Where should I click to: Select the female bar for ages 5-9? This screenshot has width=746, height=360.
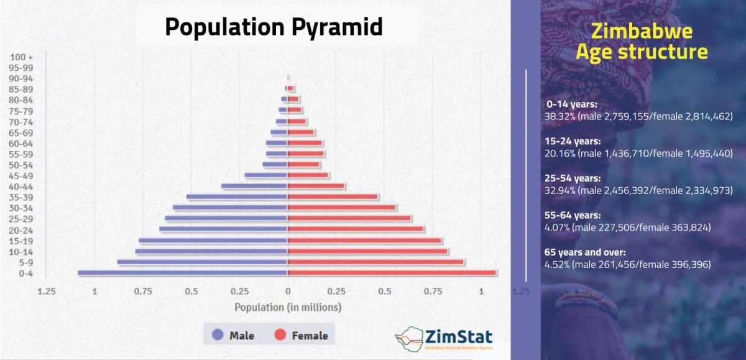(376, 262)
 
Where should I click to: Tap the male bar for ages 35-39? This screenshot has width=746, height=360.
(237, 197)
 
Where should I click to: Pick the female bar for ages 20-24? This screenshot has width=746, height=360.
(356, 229)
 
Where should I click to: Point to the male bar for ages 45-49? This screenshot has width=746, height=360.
(266, 175)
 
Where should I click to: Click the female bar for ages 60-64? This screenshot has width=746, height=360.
(305, 143)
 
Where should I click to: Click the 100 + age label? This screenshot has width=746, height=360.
(21, 57)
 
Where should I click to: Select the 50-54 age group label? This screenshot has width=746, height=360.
(21, 165)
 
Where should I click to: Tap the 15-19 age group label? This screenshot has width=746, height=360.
(21, 241)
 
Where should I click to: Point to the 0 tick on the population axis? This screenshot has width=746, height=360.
(288, 291)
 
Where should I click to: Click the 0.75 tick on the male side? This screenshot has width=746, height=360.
(143, 291)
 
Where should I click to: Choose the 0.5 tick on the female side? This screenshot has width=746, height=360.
(384, 291)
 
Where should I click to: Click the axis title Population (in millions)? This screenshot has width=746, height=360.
(287, 307)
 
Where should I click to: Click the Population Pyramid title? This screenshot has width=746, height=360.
(274, 27)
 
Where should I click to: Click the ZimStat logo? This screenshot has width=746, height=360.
(444, 339)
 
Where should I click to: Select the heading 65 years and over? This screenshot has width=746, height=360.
(584, 252)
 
